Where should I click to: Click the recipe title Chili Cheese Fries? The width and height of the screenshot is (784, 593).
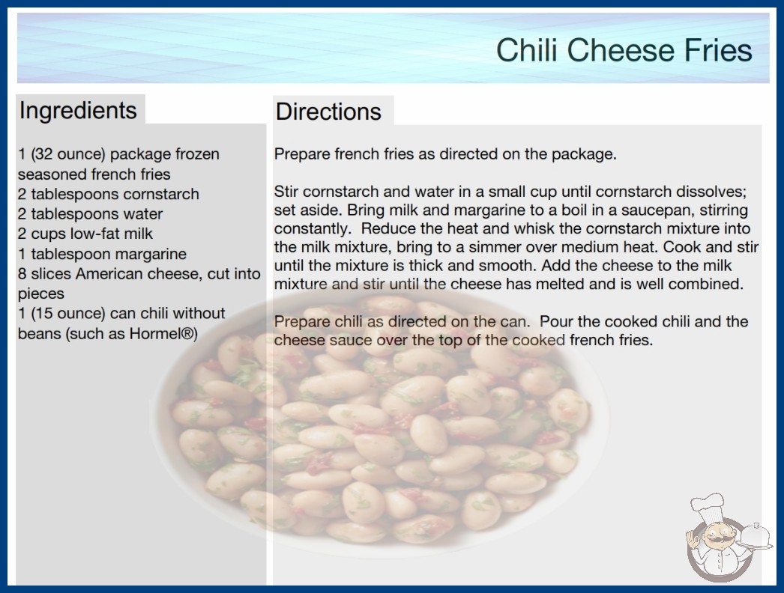(x=624, y=50)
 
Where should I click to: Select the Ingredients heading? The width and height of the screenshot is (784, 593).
(x=78, y=111)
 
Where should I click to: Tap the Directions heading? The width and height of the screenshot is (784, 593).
(x=328, y=112)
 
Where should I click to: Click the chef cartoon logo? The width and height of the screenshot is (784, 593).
(x=728, y=538)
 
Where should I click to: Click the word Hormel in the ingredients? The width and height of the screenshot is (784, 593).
(x=157, y=333)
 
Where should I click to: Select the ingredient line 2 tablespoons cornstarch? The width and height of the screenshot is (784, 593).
(x=109, y=194)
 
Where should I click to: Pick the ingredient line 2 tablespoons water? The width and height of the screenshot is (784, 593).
(x=91, y=214)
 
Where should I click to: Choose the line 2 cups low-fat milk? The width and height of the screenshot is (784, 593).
(x=85, y=234)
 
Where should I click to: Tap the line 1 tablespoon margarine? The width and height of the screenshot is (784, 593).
(x=102, y=254)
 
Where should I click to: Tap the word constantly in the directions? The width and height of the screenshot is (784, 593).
(x=313, y=229)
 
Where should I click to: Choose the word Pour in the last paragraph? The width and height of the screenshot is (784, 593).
(x=556, y=321)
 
